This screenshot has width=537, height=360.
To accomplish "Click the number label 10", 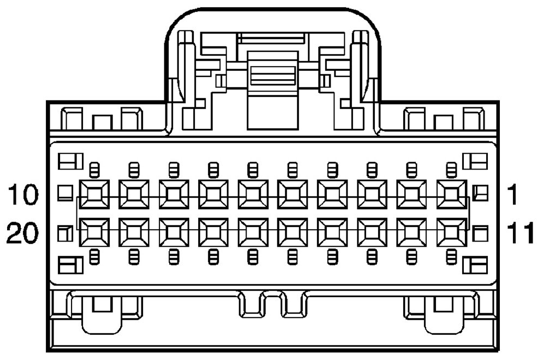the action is point(23,194).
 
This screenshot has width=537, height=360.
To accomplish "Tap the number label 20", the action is point(23,233).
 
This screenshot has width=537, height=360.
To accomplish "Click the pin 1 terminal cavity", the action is point(451,194).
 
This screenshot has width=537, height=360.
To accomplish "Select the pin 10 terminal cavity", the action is point(94,194).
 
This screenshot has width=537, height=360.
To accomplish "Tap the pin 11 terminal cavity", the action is point(451,232).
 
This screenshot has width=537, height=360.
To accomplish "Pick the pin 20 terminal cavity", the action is point(94,232).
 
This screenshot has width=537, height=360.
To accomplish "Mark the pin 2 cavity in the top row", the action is point(412,194).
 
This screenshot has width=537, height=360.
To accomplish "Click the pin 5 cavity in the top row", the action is point(293,194).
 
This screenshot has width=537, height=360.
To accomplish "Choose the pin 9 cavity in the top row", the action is point(134,194).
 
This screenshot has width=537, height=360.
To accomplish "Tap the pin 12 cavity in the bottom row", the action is point(412,232).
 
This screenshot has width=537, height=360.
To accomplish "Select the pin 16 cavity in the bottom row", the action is point(253,232).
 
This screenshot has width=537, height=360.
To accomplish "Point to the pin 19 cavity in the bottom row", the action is point(134,232).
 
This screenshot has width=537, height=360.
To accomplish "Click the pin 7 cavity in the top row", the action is point(213,194).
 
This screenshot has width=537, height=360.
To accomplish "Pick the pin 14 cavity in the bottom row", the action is point(332,232).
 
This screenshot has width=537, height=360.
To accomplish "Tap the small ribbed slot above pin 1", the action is point(451,170).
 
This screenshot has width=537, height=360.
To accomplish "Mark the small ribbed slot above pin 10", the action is point(94,170).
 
